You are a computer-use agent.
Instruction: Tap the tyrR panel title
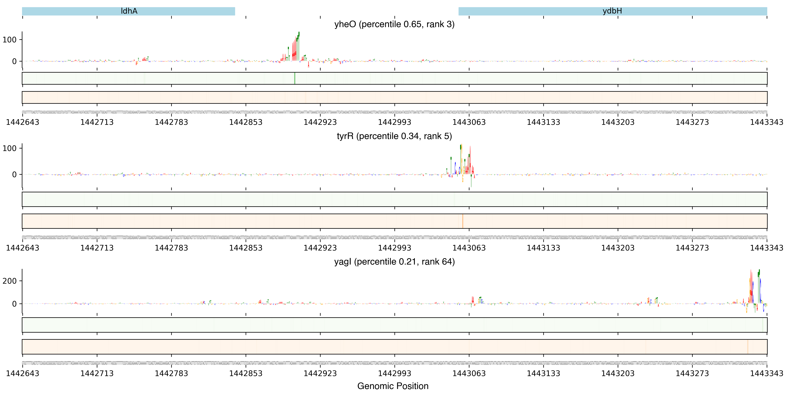tap(394, 136)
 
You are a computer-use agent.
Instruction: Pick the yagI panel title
tap(394, 262)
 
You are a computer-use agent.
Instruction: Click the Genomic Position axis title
tap(393, 386)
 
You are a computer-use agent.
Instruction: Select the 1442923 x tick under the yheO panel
tap(320, 122)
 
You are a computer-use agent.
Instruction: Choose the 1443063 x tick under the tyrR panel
tap(469, 248)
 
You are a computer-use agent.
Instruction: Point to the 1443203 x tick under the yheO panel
tap(618, 122)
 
